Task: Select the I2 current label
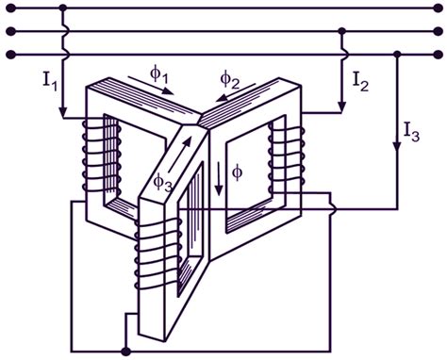tap(360, 82)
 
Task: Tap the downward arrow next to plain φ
tap(218, 179)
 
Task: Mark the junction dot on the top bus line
tap(63, 8)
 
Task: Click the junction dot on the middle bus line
tap(343, 31)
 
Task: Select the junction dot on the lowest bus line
tap(396, 54)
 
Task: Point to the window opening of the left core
tap(110, 160)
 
